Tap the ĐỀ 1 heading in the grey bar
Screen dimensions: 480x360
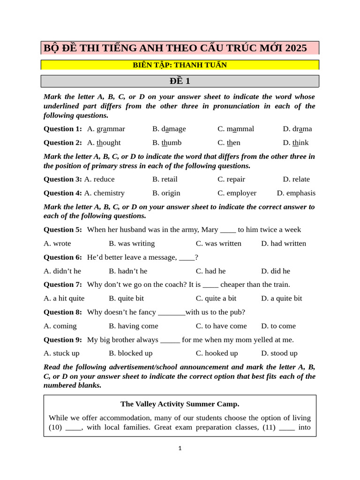[x=180, y=81]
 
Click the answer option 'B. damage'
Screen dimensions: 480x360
[x=169, y=129]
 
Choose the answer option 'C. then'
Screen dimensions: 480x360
[x=229, y=142]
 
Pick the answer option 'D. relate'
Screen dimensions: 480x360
[x=296, y=179]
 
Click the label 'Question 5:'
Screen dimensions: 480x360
[x=63, y=230]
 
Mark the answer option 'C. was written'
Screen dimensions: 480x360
[x=218, y=243]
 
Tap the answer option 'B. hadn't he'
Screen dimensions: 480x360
[x=128, y=271]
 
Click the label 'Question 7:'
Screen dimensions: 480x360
[x=63, y=285]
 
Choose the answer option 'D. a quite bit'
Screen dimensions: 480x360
[x=281, y=298]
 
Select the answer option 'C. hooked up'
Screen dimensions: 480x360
[x=217, y=353]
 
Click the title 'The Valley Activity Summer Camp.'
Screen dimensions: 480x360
[x=180, y=404]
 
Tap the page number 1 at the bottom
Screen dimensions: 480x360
[x=180, y=448]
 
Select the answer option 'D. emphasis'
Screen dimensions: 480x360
[x=296, y=193]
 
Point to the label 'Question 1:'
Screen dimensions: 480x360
[x=63, y=129]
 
